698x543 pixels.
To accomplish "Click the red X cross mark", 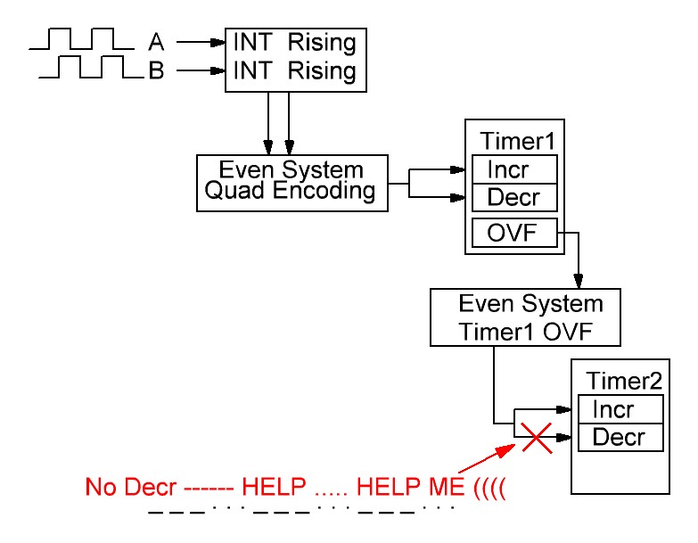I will (536, 438).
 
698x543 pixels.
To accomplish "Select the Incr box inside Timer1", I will (514, 169).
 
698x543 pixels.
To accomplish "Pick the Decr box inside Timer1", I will (514, 197).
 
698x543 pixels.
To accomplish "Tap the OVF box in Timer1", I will (514, 233).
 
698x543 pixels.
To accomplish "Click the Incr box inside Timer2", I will (620, 410).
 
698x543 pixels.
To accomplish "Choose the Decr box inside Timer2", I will (620, 437).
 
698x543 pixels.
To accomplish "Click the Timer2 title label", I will (624, 381).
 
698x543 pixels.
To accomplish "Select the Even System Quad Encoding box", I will (292, 182).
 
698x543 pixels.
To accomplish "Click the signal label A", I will (156, 41).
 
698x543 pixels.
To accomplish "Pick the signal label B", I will (156, 71).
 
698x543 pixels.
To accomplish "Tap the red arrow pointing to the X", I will (490, 460).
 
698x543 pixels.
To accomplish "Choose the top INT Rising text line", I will (293, 41).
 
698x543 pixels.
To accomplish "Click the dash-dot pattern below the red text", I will (301, 511).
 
